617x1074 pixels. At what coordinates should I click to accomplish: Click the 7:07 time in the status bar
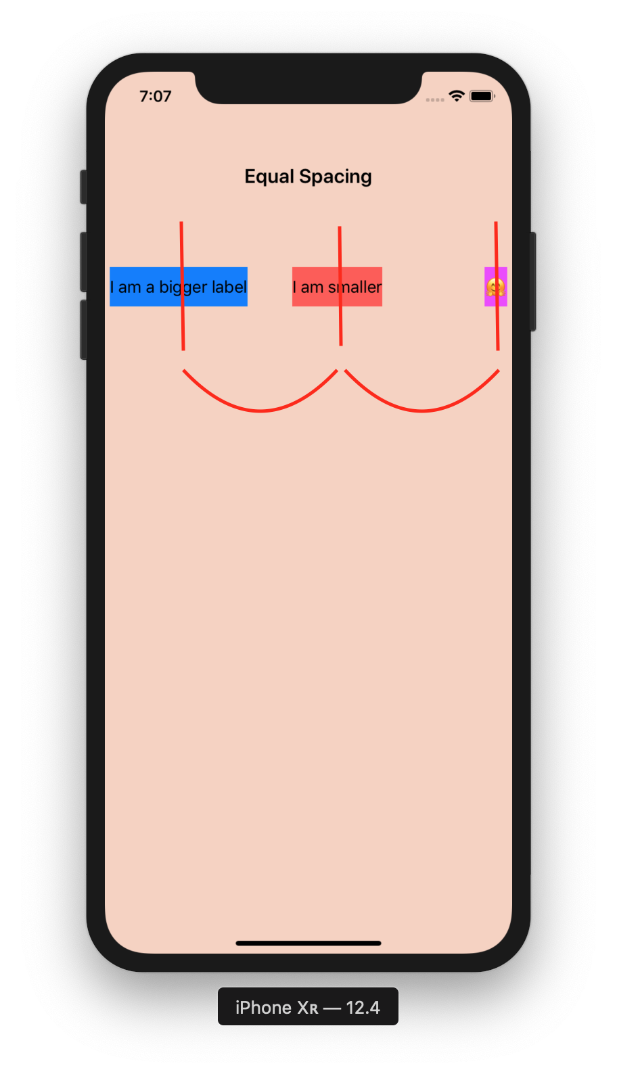click(x=156, y=96)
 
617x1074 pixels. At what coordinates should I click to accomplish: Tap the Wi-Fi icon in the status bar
click(x=457, y=96)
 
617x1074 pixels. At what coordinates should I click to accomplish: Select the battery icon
click(x=482, y=96)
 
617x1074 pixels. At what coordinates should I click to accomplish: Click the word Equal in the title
click(x=269, y=177)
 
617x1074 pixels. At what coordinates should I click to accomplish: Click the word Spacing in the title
click(x=336, y=177)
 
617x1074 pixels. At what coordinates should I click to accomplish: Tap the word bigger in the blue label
click(x=183, y=287)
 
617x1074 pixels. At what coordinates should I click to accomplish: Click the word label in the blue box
click(x=229, y=287)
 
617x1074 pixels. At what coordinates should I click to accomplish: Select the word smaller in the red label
click(x=355, y=287)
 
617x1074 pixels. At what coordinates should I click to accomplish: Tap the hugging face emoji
click(x=496, y=287)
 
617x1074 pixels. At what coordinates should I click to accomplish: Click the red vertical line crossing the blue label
click(x=182, y=286)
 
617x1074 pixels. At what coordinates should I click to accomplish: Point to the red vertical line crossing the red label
click(x=340, y=286)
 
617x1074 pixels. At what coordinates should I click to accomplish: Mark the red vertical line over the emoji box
click(x=497, y=286)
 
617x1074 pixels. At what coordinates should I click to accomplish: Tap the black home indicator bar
click(x=308, y=943)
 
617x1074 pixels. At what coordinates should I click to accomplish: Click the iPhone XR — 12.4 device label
click(x=308, y=1007)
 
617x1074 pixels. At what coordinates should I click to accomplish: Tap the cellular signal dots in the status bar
click(x=435, y=99)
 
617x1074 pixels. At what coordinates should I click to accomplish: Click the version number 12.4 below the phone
click(x=363, y=1007)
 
